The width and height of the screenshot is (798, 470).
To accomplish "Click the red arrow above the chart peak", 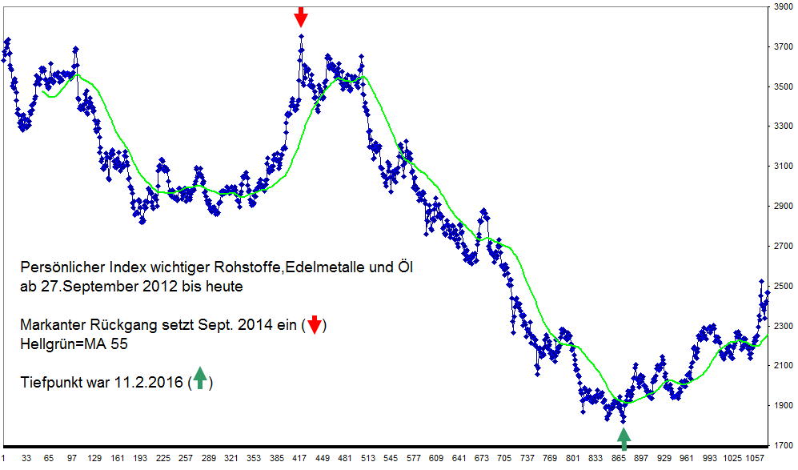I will point(300,16).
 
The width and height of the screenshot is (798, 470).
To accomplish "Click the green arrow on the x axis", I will point(624,437).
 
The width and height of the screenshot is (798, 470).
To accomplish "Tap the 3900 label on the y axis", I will point(783,7).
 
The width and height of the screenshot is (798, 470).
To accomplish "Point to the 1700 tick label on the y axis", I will point(783,446).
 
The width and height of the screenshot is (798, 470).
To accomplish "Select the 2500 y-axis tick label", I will point(783,287).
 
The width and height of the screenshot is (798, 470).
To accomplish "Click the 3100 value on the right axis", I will point(783,167).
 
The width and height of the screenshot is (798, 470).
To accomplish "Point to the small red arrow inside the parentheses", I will point(315,324).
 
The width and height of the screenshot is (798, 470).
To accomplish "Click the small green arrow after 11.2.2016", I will point(199,380).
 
